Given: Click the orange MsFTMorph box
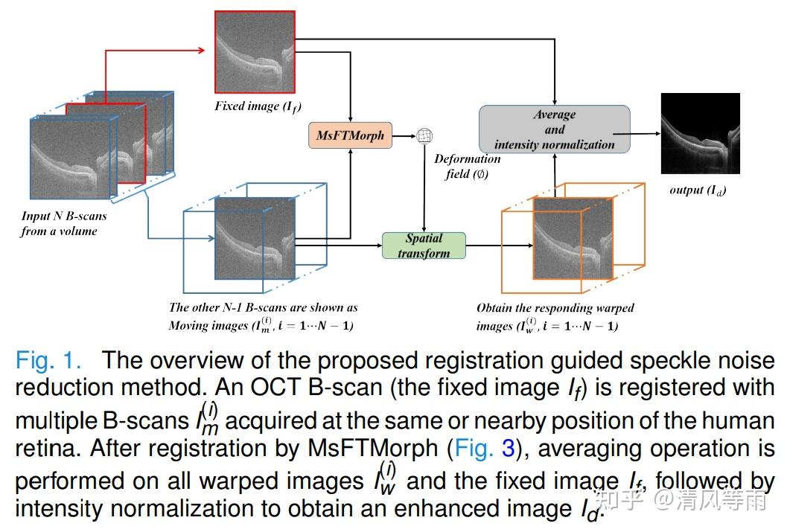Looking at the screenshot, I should click(x=350, y=135).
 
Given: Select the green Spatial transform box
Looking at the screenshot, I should click(x=423, y=246).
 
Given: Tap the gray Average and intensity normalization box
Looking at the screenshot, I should click(x=554, y=129).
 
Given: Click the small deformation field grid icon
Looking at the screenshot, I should click(x=424, y=135).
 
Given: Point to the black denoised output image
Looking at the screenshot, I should click(x=700, y=133).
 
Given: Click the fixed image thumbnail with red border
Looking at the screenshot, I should click(x=255, y=51).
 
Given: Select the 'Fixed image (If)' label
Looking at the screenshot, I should click(x=258, y=106).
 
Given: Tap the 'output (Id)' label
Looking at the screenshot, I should click(x=698, y=190).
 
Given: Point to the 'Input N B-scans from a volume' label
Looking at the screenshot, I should click(x=63, y=223).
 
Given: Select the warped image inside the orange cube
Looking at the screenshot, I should click(x=573, y=238).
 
